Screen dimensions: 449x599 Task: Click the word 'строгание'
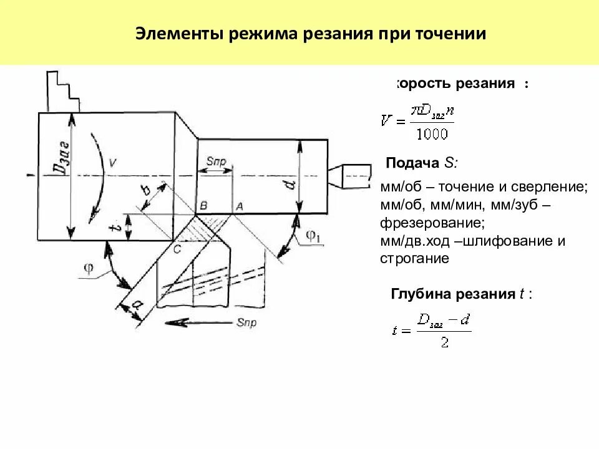point(414,258)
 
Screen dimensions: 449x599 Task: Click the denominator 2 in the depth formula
point(444,343)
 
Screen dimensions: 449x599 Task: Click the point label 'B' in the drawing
point(203,206)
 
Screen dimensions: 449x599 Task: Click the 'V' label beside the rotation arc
point(112,163)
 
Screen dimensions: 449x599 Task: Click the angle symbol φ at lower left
point(89,269)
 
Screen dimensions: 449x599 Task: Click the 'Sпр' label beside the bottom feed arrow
point(246,322)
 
